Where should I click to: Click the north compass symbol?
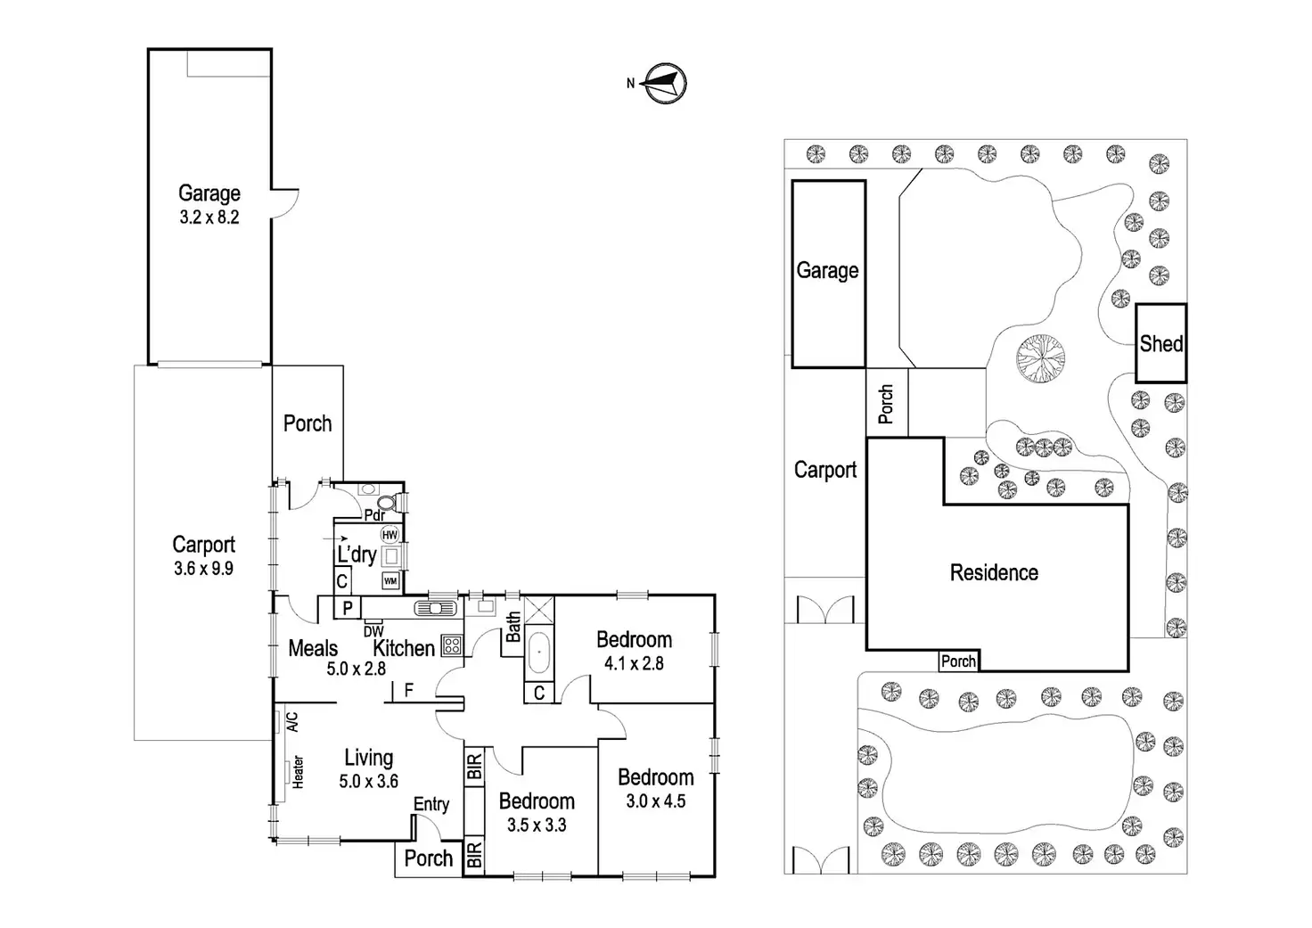pos(665,84)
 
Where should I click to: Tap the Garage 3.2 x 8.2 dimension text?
pos(209,218)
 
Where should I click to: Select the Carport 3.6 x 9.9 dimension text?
pos(204,568)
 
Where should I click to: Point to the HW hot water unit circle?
pos(389,535)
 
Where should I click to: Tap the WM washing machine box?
pos(389,581)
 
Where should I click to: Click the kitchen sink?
pos(436,609)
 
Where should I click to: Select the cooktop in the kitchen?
pos(452,645)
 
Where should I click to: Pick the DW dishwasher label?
pos(373,632)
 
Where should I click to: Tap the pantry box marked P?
pos(348,608)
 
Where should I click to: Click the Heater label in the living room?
pos(298,772)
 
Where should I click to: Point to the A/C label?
pos(292,721)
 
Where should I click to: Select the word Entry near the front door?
pos(430,804)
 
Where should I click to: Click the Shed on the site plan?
pos(1160,344)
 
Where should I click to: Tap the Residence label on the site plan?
pos(994,572)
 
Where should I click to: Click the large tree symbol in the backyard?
pos(1040,358)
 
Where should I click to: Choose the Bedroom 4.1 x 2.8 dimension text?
pos(634,663)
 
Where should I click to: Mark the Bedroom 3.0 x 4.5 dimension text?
pos(655,801)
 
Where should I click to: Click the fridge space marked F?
pos(409,690)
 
